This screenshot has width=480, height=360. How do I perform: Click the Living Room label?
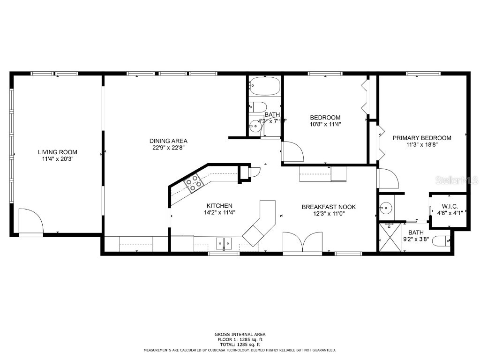(x=58, y=152)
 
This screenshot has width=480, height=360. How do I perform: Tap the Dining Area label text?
(x=168, y=141)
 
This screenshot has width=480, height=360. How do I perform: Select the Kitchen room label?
(x=219, y=205)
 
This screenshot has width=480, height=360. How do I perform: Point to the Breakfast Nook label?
(x=329, y=207)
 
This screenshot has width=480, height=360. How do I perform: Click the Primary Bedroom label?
(x=421, y=138)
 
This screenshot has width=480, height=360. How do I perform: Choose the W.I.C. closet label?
(x=450, y=207)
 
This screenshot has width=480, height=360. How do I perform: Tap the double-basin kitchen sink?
(x=224, y=243)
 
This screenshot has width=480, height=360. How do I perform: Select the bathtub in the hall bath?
(x=264, y=86)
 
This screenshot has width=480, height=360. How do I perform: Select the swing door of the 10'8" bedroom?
(x=292, y=152)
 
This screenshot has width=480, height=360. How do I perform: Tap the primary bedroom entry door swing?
(x=387, y=179)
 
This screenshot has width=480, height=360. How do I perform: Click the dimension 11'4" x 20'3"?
(x=58, y=159)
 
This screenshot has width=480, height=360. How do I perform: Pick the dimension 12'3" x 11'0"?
(x=329, y=214)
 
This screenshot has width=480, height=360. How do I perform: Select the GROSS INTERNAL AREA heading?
(x=240, y=334)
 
